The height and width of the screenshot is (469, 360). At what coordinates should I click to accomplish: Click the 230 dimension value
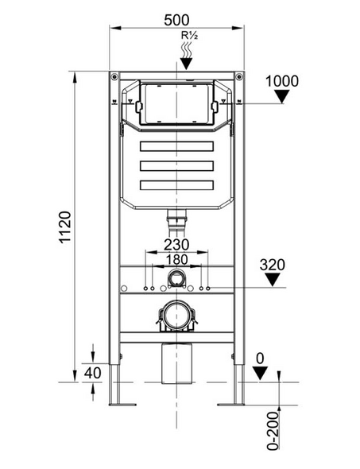pyautogui.click(x=176, y=245)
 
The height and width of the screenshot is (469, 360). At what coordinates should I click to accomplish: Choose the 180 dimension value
pyautogui.click(x=176, y=259)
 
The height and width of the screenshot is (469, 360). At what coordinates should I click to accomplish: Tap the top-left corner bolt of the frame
pyautogui.click(x=116, y=78)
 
